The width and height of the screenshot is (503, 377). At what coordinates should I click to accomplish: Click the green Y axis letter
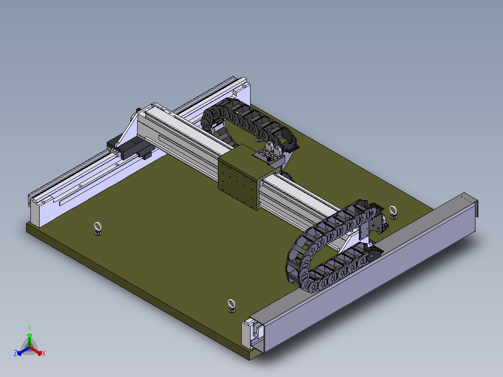[29, 328]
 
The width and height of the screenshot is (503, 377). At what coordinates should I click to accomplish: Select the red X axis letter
[44, 353]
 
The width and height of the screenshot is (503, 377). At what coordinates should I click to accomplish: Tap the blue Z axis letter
[15, 353]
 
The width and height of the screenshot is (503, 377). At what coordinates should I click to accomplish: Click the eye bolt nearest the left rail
[98, 228]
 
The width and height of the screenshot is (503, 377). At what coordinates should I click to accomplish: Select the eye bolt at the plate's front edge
[231, 306]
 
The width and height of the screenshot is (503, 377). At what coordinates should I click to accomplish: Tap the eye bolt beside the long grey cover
[393, 212]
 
